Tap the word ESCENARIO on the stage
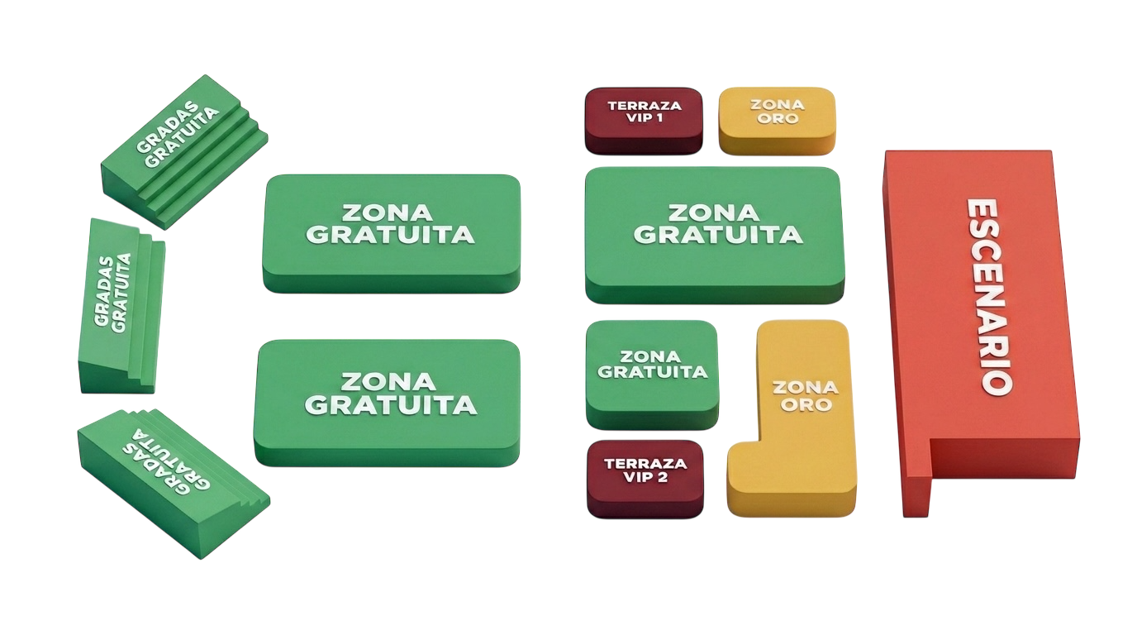click(x=988, y=295)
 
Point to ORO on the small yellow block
click(x=778, y=118)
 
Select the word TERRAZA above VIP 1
click(x=645, y=106)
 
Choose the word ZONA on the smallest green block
click(x=650, y=356)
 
